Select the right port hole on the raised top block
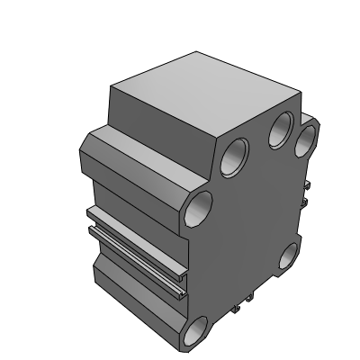pos(282,131)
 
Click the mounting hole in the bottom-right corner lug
pos(291,258)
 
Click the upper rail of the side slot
pos(135,226)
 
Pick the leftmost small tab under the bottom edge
pos(236,310)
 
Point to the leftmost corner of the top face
pos(108,87)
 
